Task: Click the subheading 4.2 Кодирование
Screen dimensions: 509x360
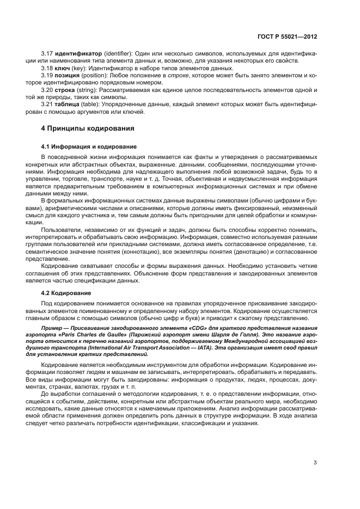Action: tap(66, 293)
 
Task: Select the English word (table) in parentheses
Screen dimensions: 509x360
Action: tap(96, 104)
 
